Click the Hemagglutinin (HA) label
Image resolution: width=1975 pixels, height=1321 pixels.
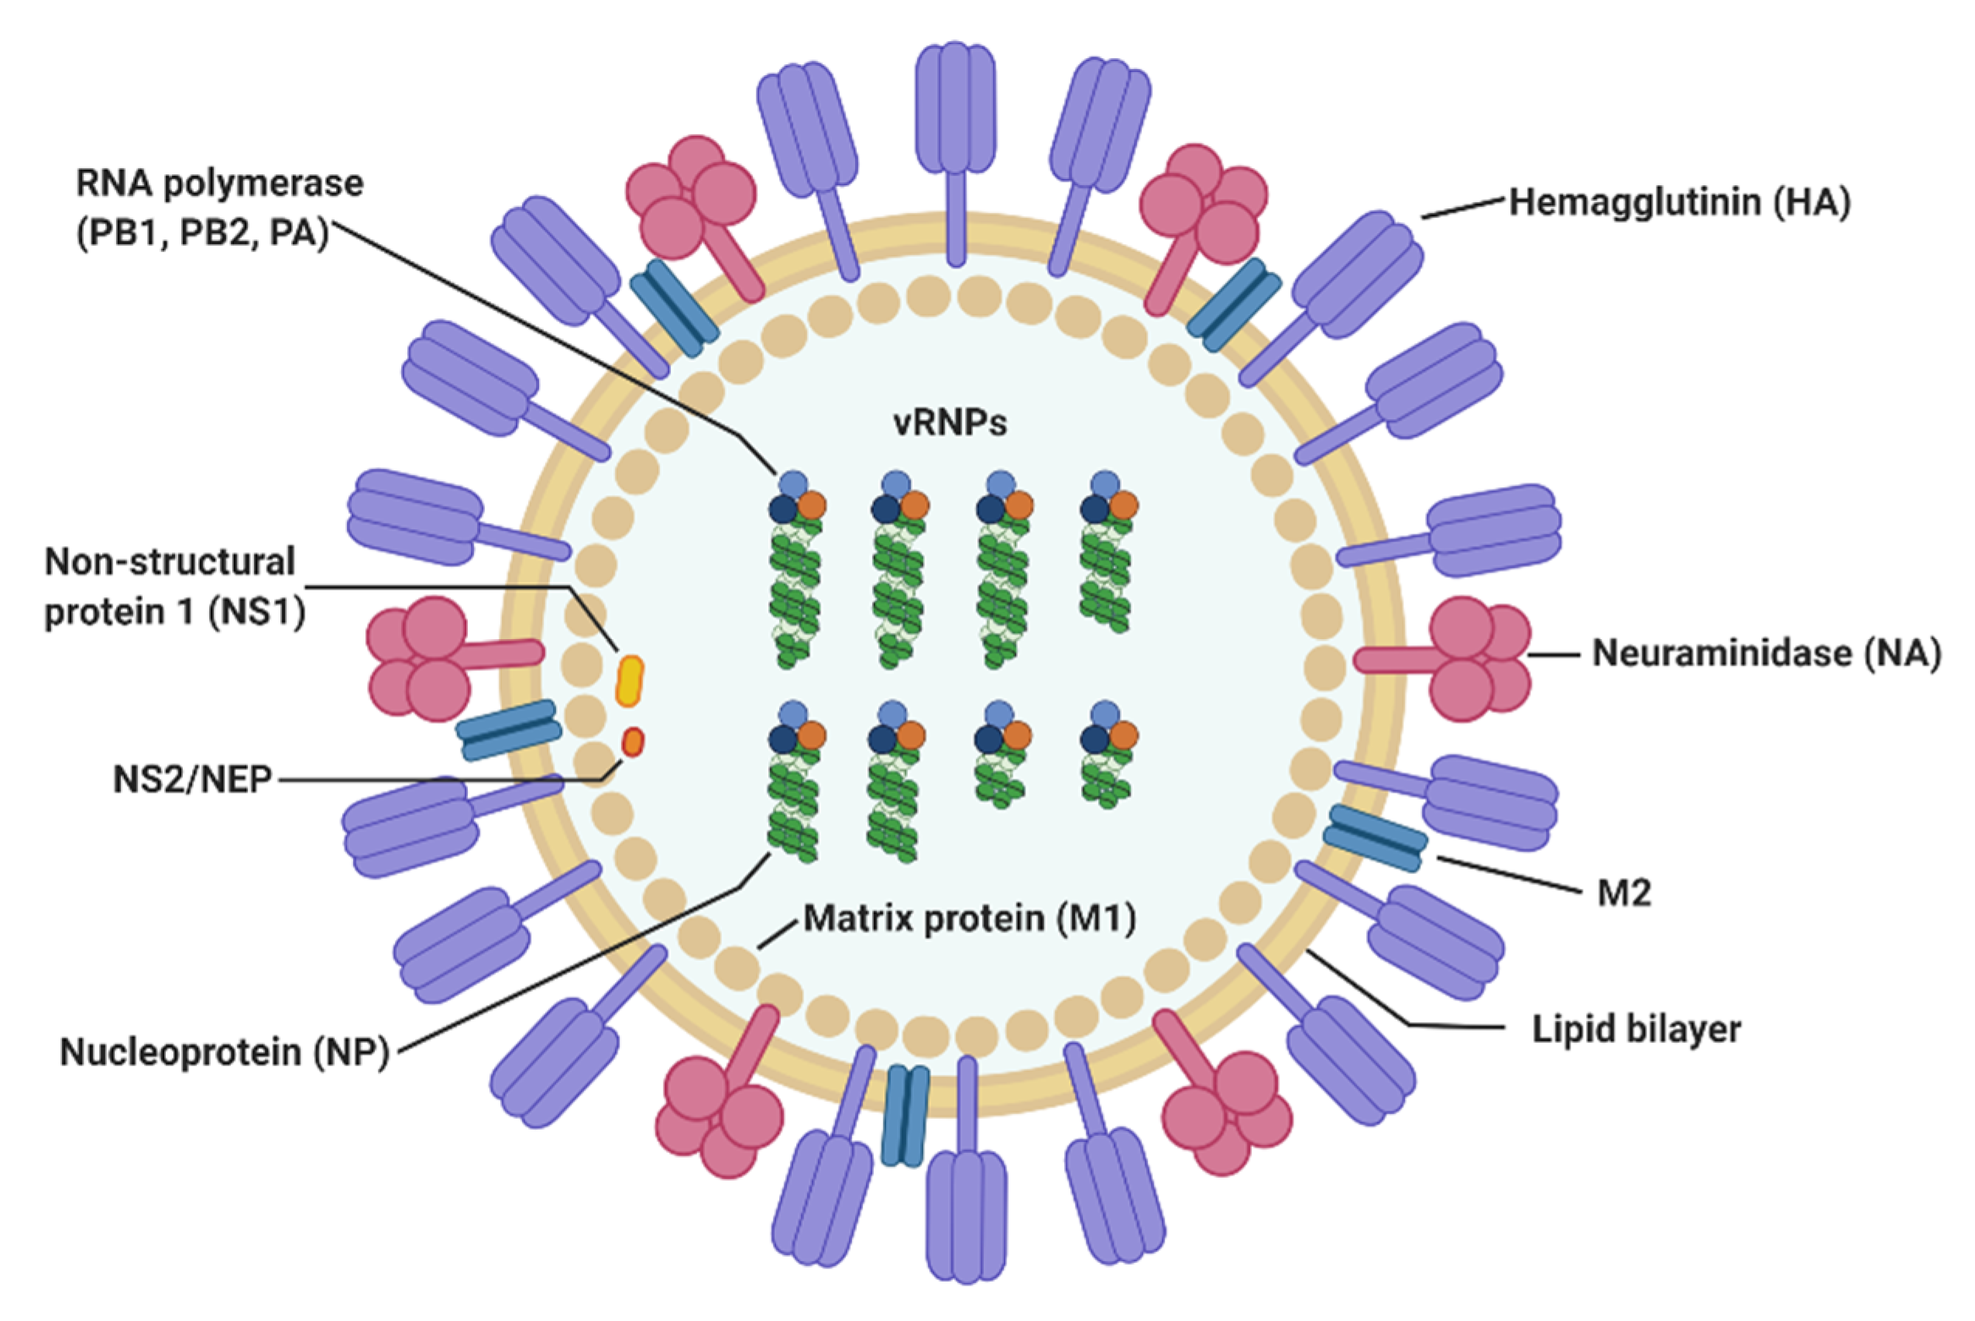(x=1678, y=203)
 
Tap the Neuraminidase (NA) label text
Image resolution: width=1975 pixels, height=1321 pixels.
(x=1766, y=654)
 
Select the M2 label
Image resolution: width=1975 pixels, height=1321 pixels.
(x=1624, y=893)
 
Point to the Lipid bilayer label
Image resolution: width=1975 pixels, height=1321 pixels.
(x=1636, y=1030)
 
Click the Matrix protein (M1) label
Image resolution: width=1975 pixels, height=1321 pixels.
(x=970, y=918)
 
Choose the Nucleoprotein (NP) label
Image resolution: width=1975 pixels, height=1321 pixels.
(x=225, y=1052)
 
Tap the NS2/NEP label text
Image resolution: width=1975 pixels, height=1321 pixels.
(x=193, y=780)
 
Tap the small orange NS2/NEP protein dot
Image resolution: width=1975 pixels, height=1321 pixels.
(x=633, y=742)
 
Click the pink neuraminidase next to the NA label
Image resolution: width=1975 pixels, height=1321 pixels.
(x=1470, y=659)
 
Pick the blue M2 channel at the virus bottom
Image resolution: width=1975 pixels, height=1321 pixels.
(x=905, y=1115)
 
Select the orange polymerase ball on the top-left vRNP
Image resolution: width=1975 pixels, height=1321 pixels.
(x=811, y=504)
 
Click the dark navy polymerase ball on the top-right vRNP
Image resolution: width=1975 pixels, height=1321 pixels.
(x=1094, y=508)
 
